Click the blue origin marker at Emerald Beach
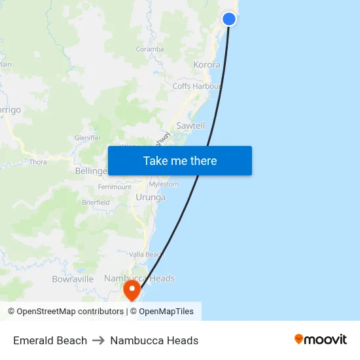coord(229,19)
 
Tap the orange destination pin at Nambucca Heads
coord(133,289)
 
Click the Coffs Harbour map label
coord(197,86)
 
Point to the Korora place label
coord(206,65)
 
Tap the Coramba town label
coord(150,49)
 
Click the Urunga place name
coord(151,197)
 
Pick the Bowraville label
coord(73,279)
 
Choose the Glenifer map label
coord(88,138)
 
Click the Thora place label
coord(38,162)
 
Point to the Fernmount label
coord(115,187)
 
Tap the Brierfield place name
coord(96,203)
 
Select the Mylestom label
coord(164,184)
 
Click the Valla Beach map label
coord(146,255)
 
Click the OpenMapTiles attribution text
coord(166,312)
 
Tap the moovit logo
coord(321,340)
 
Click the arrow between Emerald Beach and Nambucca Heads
coord(99,340)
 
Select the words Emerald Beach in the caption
coord(50,340)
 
